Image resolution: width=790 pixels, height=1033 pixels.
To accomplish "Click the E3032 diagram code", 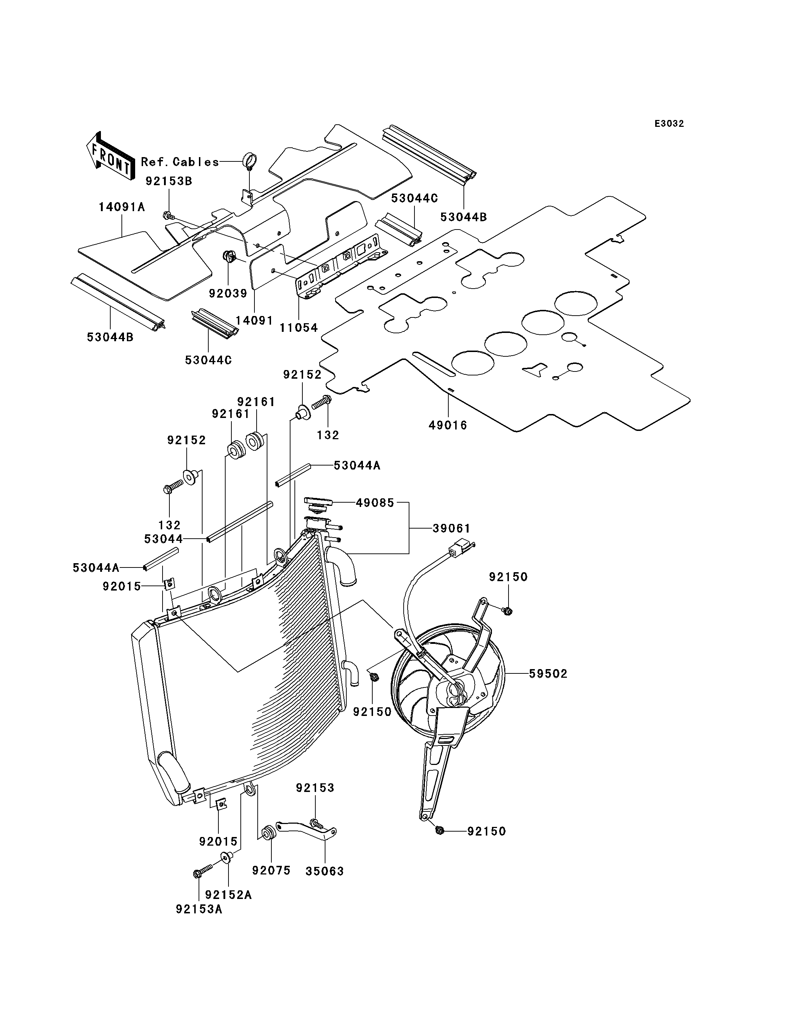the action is pyautogui.click(x=669, y=124).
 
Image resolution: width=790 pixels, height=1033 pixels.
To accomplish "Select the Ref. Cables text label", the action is pyautogui.click(x=180, y=162).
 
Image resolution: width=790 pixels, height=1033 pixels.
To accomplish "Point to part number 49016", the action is pyautogui.click(x=448, y=425).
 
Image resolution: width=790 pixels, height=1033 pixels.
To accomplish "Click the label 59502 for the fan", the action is pyautogui.click(x=548, y=674).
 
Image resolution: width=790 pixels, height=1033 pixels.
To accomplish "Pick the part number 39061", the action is pyautogui.click(x=452, y=529).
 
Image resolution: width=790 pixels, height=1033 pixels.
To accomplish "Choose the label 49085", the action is pyautogui.click(x=375, y=503).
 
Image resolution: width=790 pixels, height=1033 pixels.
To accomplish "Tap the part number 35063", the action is pyautogui.click(x=324, y=871).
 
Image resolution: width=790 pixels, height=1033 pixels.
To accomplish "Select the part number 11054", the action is pyautogui.click(x=299, y=328).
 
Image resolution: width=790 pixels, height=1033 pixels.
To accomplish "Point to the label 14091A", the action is pyautogui.click(x=122, y=206).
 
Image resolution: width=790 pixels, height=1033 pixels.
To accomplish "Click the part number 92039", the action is pyautogui.click(x=228, y=293).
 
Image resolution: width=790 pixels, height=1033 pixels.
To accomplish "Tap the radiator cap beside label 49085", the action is pyautogui.click(x=318, y=504).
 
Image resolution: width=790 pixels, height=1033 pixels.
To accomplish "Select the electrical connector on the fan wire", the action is pyautogui.click(x=461, y=549).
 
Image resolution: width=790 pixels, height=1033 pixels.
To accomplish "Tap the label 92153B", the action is pyautogui.click(x=169, y=181).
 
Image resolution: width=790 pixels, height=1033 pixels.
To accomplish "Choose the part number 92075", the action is pyautogui.click(x=271, y=870).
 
